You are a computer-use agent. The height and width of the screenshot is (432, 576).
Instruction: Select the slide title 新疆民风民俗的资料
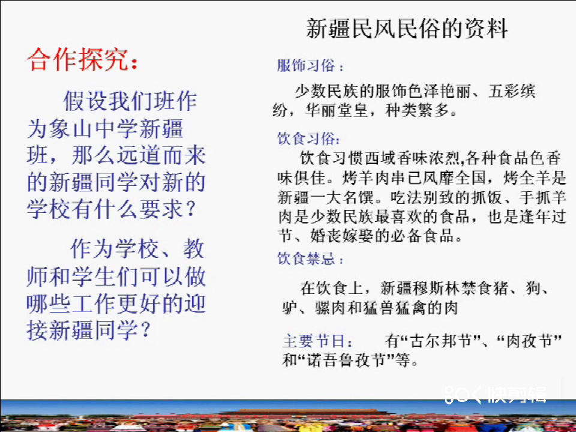click(407, 28)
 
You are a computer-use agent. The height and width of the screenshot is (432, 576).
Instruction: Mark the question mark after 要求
click(191, 209)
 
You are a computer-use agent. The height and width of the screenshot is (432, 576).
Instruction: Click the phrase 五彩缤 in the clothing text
click(512, 91)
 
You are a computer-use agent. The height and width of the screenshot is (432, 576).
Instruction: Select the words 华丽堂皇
click(337, 110)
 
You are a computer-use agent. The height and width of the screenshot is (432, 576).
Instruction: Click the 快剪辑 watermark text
click(517, 395)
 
